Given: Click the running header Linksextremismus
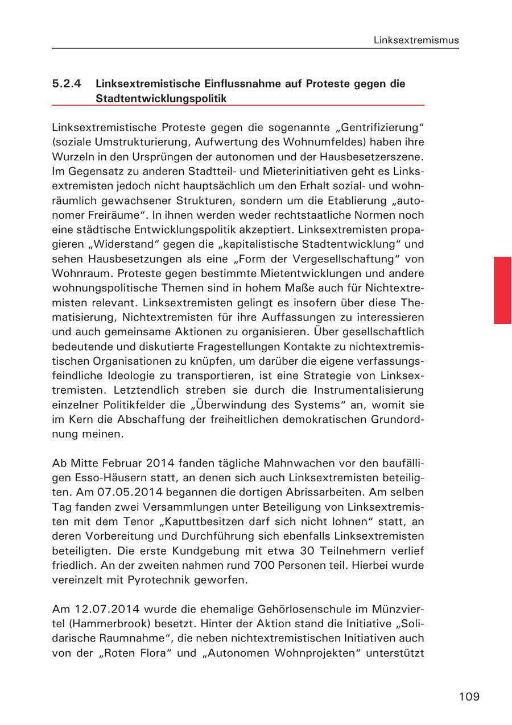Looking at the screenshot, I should point(416,40).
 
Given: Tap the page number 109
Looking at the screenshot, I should point(469,697).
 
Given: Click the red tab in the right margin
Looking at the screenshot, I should point(502,290).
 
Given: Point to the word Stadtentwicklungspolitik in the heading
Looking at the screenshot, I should point(161,98).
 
